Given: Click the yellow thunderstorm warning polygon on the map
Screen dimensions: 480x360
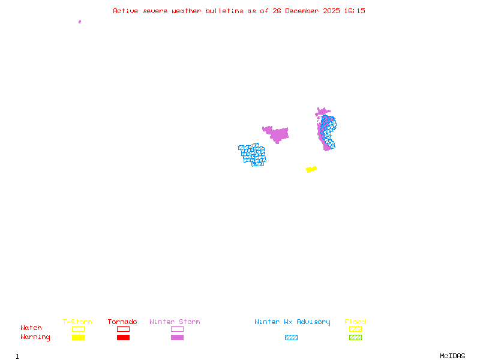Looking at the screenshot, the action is point(311,169).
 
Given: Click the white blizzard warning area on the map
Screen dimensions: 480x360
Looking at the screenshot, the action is point(264,142).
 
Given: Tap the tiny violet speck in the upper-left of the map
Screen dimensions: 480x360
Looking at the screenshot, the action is point(80,22).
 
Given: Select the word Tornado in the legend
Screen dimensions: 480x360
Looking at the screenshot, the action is point(122,322).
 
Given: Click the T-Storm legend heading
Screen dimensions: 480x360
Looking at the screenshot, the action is point(77,322).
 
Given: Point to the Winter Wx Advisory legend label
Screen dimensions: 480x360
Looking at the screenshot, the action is point(292,322).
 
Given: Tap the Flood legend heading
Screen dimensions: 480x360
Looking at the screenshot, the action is point(355,322).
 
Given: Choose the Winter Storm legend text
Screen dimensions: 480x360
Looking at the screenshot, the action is point(175,322).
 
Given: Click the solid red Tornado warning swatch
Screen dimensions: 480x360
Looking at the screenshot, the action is point(123,337).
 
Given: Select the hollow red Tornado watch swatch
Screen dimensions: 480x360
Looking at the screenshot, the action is point(123,329).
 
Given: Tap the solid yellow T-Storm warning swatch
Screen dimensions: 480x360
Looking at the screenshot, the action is point(78,337).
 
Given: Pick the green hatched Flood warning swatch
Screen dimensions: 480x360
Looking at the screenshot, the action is point(355,337).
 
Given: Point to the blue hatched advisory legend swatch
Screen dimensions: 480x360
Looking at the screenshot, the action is point(291,337).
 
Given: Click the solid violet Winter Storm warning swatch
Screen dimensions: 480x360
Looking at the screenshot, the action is point(177,337).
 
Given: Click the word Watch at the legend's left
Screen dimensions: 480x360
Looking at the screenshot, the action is point(31,328).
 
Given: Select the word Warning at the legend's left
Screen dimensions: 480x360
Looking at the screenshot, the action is point(35,337).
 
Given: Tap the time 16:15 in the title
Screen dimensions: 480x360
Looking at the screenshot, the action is point(355,11).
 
